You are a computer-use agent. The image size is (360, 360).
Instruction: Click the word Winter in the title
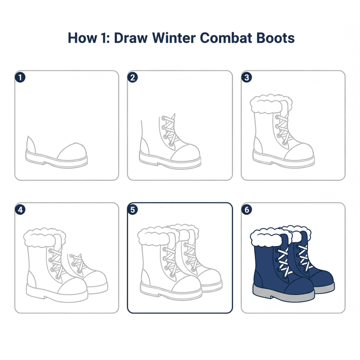(174, 38)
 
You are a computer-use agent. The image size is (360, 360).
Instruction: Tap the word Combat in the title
(226, 38)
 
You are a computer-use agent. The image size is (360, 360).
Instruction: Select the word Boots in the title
(275, 38)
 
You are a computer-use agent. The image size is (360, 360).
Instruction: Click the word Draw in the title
(131, 38)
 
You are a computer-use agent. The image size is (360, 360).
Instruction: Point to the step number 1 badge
(20, 77)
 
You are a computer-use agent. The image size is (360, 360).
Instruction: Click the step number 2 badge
(133, 77)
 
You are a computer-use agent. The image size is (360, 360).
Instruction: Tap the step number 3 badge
(247, 77)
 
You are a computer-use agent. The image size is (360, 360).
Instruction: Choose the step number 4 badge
(20, 210)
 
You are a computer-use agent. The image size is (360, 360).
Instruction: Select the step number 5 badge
(133, 210)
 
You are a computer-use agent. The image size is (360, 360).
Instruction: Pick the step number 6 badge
(247, 210)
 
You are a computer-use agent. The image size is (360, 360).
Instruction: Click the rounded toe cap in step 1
(72, 152)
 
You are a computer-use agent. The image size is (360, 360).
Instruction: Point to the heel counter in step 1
(31, 145)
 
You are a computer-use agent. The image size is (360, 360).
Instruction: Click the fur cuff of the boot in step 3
(271, 104)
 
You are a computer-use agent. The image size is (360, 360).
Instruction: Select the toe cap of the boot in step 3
(299, 151)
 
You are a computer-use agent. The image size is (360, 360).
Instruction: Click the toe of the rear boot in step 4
(97, 279)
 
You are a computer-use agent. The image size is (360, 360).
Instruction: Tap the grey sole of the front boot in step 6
(283, 294)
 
